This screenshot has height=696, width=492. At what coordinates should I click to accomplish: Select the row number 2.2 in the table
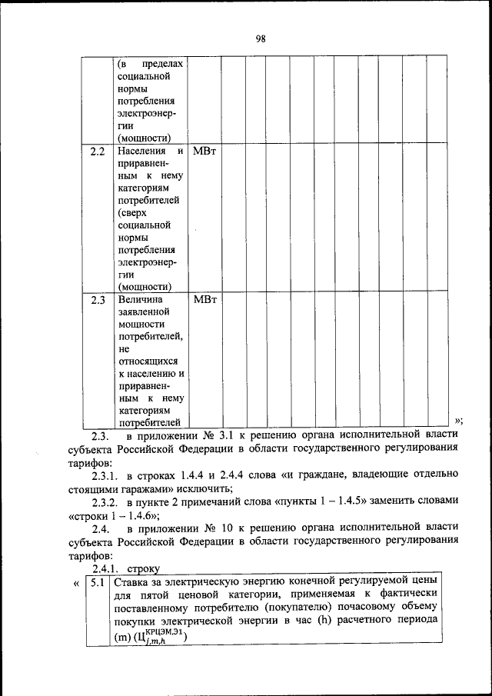pos(98,152)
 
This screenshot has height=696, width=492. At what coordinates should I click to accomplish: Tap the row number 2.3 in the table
pos(98,299)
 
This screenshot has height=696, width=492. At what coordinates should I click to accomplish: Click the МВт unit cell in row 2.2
pos(204,152)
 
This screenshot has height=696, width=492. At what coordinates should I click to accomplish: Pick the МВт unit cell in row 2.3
pos(204,299)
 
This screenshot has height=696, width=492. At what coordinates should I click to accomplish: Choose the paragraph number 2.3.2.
pos(107,500)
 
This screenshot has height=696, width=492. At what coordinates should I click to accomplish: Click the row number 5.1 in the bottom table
pos(98,582)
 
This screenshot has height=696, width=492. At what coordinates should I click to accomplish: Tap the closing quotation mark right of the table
pos(459,421)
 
